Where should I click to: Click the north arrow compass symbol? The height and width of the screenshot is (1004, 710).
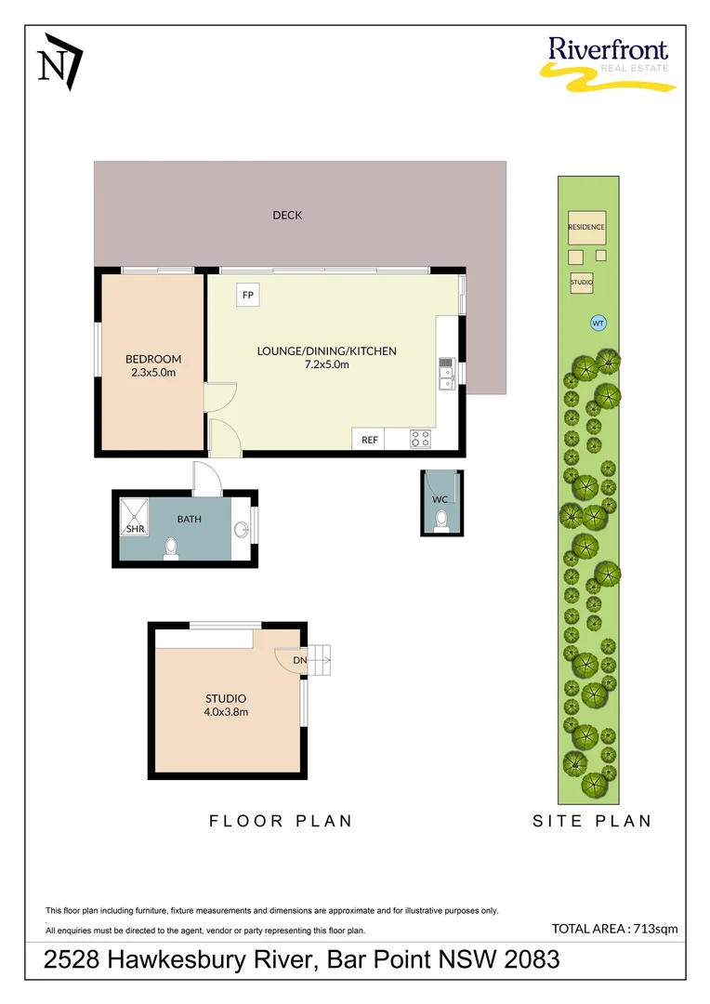coord(59,60)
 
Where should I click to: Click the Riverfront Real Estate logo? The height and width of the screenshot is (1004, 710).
coord(607,63)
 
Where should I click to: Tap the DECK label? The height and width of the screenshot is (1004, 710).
coord(287,215)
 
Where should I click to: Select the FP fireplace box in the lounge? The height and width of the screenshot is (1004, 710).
coord(248,295)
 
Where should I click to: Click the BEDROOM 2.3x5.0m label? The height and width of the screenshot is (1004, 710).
coord(153,365)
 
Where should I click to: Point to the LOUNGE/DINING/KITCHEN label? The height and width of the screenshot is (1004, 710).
coord(326,357)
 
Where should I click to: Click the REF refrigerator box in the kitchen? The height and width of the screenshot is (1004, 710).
coord(370,440)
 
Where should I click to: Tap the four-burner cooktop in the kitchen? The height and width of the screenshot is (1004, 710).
coord(420,439)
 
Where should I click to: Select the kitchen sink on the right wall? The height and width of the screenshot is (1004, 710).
coord(446,372)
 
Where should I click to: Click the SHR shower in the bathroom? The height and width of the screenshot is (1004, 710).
coord(136,517)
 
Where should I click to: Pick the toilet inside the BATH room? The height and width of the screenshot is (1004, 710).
coord(171,549)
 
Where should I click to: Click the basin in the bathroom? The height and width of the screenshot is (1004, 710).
coord(242,529)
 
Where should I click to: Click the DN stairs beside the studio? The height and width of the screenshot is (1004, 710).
coord(319,659)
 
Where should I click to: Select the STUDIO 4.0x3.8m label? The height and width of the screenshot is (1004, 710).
coord(226,705)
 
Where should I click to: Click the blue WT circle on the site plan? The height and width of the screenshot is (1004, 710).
coord(598,324)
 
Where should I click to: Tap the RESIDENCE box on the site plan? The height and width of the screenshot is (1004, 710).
coord(586,227)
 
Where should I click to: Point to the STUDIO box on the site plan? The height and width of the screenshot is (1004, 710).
coord(582,282)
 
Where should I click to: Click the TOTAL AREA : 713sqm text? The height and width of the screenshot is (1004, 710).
coord(614,928)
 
